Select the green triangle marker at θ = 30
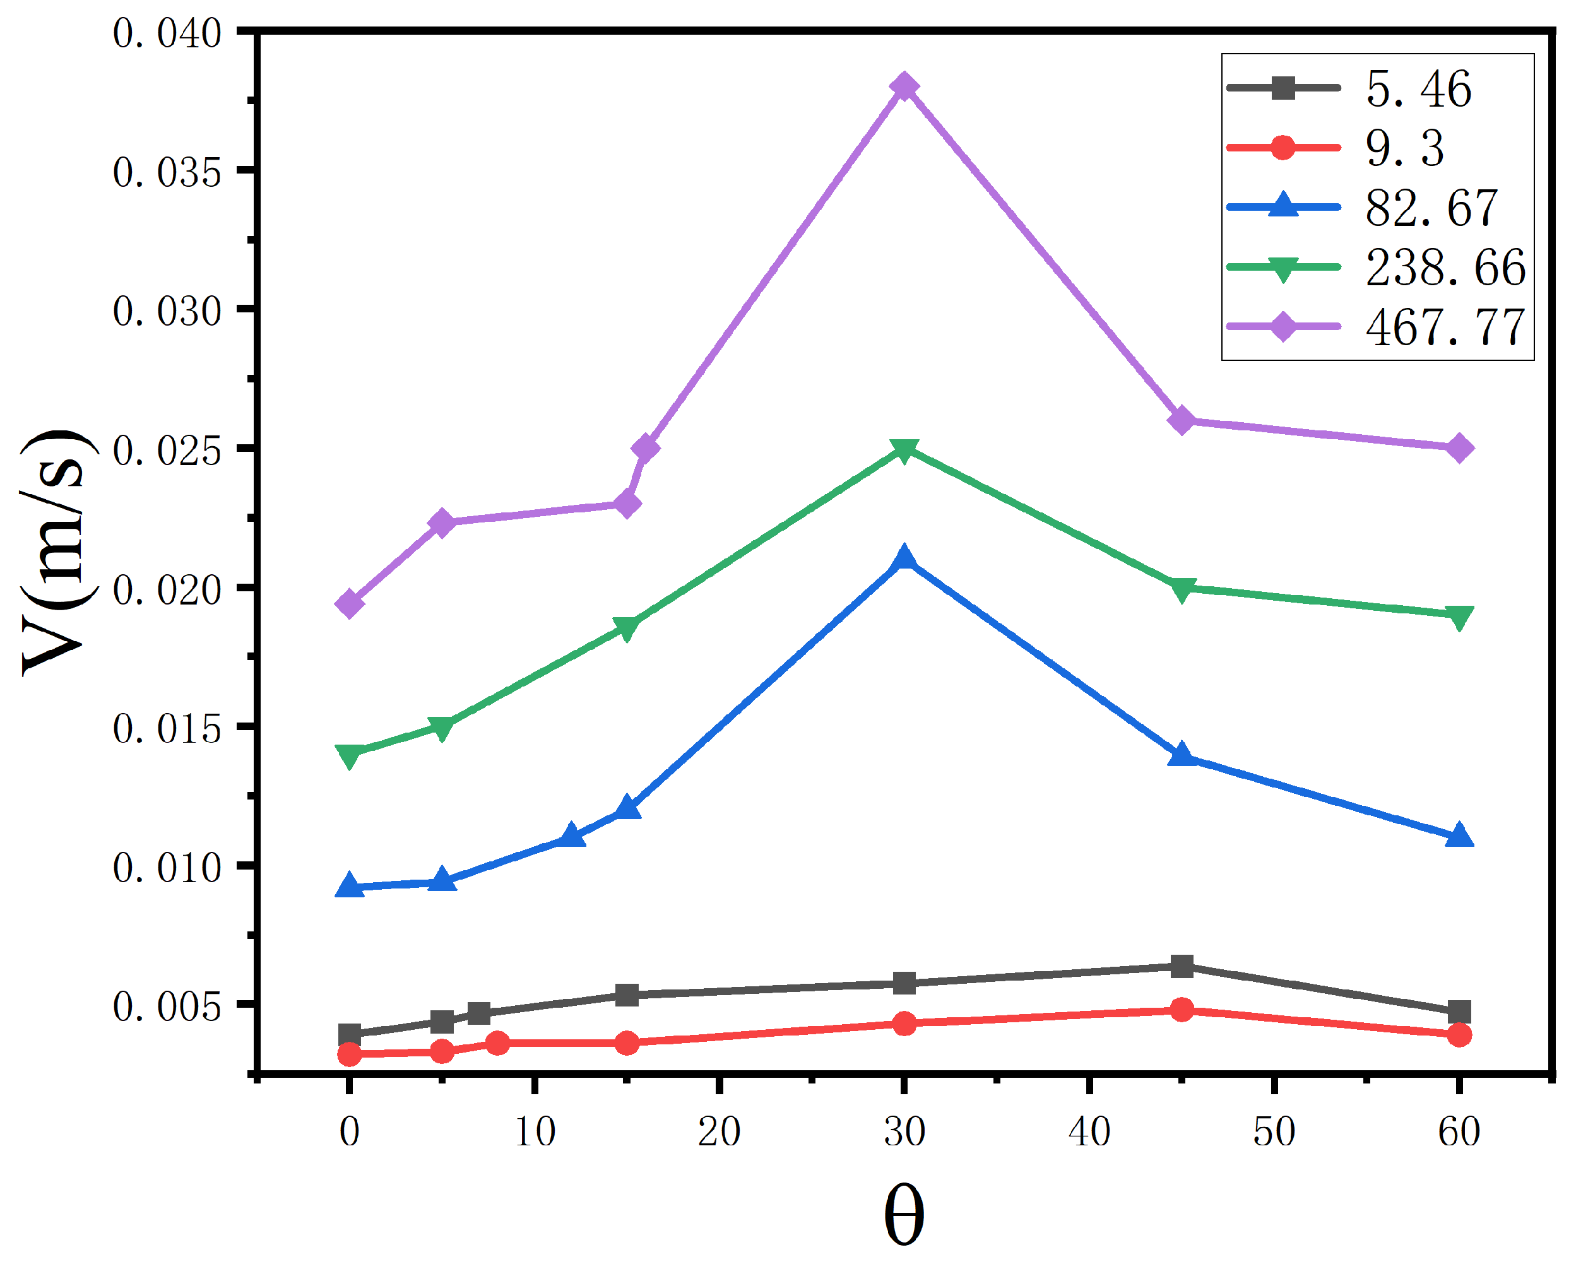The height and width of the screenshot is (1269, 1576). (904, 449)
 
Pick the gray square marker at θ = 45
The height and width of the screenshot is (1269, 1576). (1182, 966)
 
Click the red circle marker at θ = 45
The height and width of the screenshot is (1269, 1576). (1182, 1010)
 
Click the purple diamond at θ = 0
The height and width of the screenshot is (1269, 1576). (350, 604)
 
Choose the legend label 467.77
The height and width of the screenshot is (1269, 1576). (1445, 327)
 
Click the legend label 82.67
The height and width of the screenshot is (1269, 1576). (1431, 208)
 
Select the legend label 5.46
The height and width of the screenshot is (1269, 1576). (1418, 88)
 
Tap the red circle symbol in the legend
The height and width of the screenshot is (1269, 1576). (1283, 148)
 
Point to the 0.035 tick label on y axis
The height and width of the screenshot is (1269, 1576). (167, 174)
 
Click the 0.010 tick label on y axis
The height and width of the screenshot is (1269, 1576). (167, 868)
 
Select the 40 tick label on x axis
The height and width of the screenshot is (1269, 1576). (1089, 1131)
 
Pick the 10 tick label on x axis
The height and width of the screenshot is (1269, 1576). (535, 1131)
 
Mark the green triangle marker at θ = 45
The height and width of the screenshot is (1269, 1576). (1182, 589)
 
